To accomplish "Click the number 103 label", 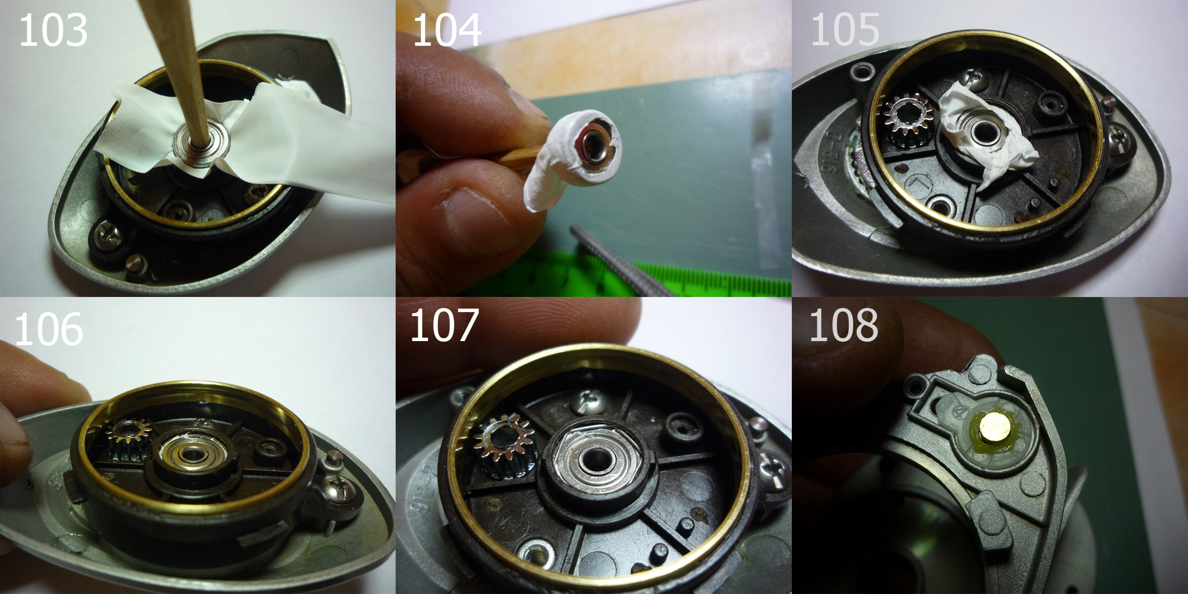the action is pos(53,31).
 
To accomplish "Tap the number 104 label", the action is pos(447,31).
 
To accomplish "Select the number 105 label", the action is pos(845,31).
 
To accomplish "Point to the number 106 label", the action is pos(49,329).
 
